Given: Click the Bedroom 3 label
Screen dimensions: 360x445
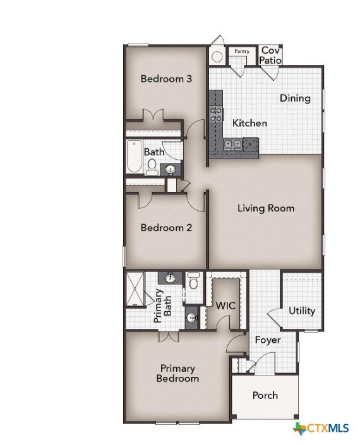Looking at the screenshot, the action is click(166, 79).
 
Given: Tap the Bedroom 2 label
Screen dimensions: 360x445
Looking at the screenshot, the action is click(166, 228).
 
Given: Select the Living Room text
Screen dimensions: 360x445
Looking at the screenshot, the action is click(266, 208).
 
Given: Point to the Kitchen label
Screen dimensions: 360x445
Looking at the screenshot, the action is click(249, 123).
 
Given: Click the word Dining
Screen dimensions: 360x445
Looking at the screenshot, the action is click(296, 98).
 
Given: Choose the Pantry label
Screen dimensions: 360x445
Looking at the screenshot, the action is click(242, 51).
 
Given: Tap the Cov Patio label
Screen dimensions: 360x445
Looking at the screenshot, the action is click(270, 55).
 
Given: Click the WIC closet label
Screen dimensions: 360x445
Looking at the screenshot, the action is click(225, 306).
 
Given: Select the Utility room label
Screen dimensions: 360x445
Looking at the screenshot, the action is click(302, 311).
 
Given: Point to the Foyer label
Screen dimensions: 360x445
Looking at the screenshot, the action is click(268, 340).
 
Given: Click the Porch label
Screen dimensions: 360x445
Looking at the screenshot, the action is click(265, 395).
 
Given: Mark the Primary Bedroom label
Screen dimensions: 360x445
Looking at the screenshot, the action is click(177, 374).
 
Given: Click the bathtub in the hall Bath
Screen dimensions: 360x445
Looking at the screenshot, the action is click(135, 157).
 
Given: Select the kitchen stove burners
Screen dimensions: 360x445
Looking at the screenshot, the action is click(216, 114).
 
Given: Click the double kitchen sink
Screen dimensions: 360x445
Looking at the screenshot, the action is click(233, 144).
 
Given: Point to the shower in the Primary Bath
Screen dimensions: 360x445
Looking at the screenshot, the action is click(135, 289).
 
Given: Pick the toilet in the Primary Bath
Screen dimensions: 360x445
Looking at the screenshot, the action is click(194, 280).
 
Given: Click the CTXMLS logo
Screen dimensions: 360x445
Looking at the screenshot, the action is click(321, 428).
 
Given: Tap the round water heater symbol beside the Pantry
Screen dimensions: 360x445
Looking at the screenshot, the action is click(217, 57).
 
